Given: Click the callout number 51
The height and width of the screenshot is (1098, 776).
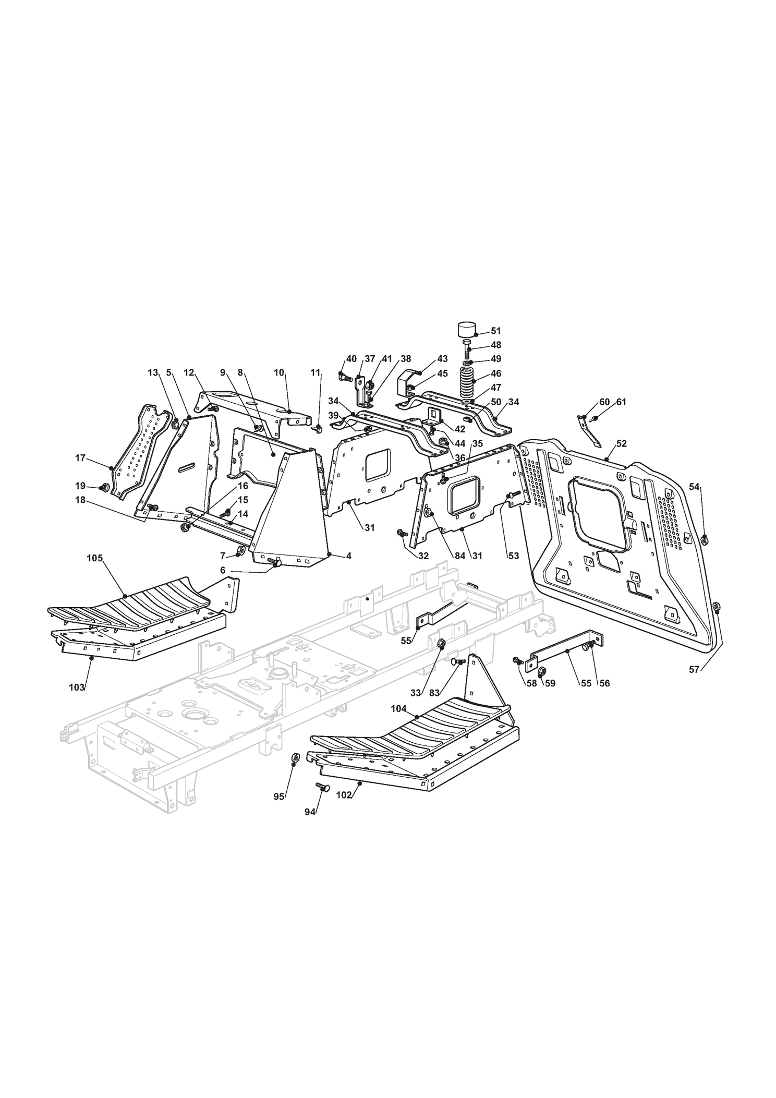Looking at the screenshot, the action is coord(495,331).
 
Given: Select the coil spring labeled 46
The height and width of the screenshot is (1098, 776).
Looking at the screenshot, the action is coord(468,383).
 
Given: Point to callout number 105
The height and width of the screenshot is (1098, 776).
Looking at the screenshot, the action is coord(94,558).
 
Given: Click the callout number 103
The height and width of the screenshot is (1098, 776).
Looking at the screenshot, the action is coord(77,687).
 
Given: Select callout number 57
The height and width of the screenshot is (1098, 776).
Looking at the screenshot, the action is coord(694,670).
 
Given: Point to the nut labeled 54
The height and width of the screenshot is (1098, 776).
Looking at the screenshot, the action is coord(705,540).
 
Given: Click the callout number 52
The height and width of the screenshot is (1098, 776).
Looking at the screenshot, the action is coord(622,443).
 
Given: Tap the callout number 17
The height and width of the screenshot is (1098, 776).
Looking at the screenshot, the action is coord(80,458).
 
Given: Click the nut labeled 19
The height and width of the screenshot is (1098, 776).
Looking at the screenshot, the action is coord(103,488).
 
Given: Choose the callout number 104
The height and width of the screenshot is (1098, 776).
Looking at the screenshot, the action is coord(399,709).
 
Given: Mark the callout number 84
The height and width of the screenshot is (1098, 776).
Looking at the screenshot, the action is coord(459,556).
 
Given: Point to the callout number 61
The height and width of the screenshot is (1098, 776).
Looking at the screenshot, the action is coord(621,402).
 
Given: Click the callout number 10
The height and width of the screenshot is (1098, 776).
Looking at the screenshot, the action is coord(279,372).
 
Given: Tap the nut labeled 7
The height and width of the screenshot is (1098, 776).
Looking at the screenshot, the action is coord(241,550).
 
